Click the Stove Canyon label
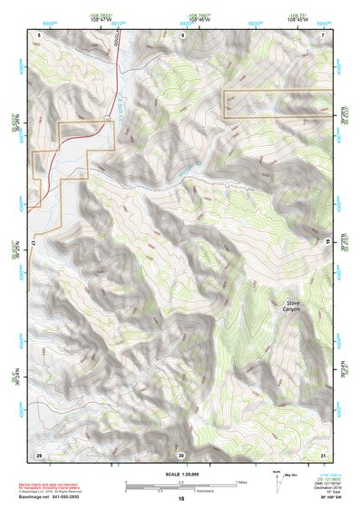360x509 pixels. coord(290,305)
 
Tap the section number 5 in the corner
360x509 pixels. coord(39,34)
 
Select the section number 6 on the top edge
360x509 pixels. coord(182,34)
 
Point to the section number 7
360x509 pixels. coord(324,34)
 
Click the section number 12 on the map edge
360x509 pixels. coord(33,244)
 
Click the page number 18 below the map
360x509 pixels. coord(180,499)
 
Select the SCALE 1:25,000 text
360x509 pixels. coord(180,473)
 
